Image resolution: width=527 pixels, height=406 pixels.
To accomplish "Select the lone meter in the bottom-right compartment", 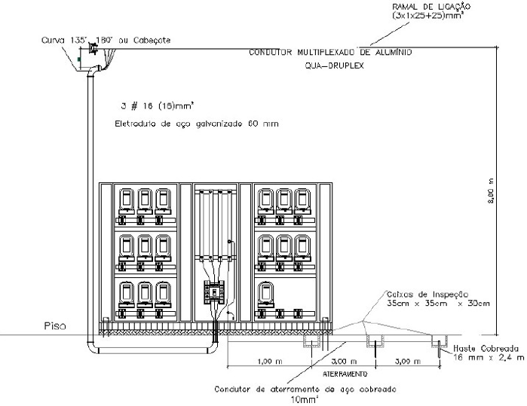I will tap(265, 292).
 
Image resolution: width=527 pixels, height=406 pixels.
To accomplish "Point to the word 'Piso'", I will tap(54, 327).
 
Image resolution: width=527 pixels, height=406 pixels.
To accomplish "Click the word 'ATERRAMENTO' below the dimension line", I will tap(345, 373).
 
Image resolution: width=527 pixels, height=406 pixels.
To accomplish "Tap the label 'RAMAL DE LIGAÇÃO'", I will tap(427, 6).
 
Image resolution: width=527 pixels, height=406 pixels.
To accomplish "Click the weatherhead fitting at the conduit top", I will tap(92, 50).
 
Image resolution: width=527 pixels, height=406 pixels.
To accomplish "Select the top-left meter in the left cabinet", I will tap(126, 199).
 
